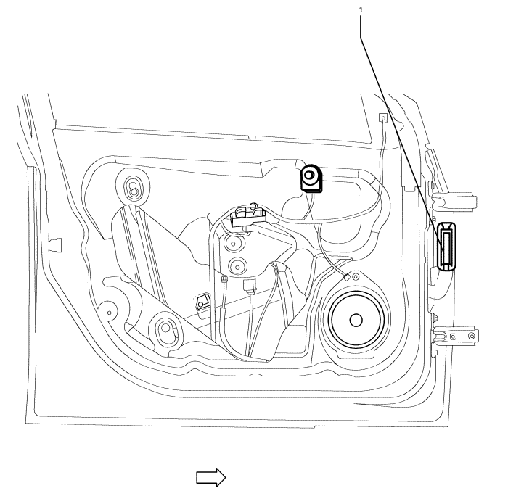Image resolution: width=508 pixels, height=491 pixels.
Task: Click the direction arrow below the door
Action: point(212,476)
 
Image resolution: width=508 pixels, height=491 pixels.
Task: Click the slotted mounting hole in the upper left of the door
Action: point(134,189)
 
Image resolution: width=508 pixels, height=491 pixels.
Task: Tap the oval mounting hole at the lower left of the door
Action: point(166,330)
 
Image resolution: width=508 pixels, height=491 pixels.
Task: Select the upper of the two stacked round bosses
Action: point(234,242)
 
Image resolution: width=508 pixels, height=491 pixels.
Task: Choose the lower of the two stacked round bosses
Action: point(236,264)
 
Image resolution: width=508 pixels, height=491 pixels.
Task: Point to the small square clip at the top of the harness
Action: point(382,117)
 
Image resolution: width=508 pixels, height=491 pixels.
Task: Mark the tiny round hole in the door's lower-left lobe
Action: point(109,313)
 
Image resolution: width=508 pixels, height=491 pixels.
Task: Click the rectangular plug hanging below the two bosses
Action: point(250,289)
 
